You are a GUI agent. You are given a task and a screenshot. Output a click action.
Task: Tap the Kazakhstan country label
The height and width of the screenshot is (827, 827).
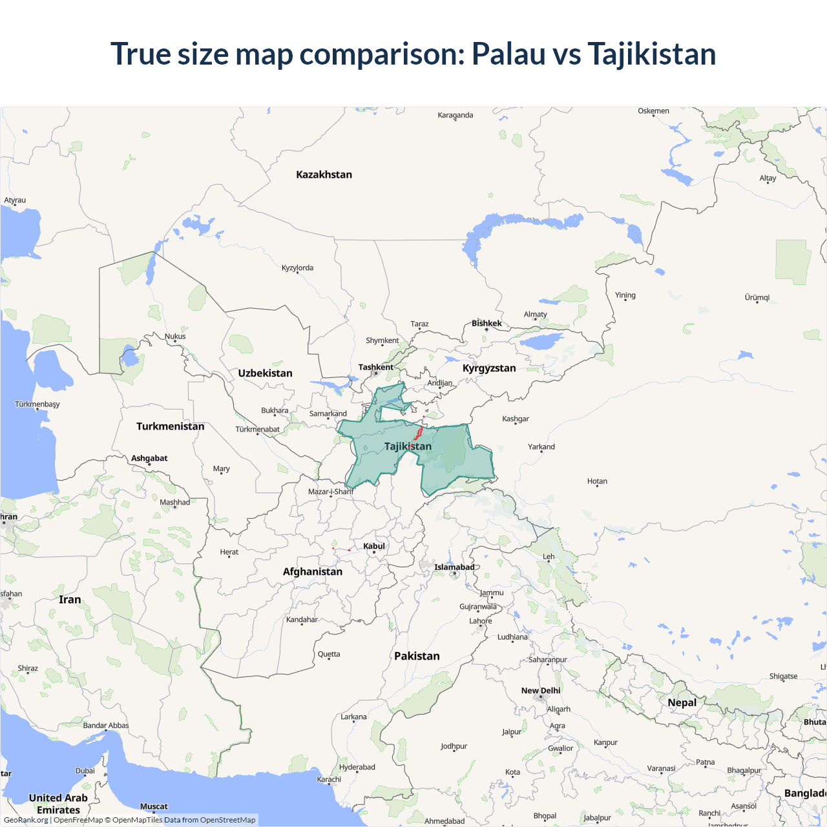click(324, 174)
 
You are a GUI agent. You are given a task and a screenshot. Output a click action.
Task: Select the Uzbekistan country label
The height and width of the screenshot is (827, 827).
click(265, 373)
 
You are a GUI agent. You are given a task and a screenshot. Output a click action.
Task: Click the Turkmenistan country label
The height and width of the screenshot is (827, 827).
click(170, 426)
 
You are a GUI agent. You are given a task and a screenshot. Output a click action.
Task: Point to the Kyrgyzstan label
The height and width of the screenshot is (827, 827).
click(489, 368)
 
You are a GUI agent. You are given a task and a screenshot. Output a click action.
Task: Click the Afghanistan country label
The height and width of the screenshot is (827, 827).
click(313, 572)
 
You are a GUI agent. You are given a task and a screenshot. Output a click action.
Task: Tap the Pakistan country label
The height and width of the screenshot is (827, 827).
click(417, 656)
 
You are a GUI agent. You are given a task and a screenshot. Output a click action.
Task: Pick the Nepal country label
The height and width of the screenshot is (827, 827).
click(682, 703)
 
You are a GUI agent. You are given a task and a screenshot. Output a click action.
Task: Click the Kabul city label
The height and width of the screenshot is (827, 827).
click(374, 547)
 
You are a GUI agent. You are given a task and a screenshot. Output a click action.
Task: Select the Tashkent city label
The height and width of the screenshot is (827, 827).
click(375, 368)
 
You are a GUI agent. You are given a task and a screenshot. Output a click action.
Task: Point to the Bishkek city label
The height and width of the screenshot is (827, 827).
click(487, 324)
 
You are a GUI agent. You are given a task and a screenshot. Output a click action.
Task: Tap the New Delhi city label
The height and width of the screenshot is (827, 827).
click(541, 691)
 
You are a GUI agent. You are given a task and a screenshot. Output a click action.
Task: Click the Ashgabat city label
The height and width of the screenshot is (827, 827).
click(149, 459)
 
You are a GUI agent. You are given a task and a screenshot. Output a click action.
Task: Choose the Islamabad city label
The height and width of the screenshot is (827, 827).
click(454, 567)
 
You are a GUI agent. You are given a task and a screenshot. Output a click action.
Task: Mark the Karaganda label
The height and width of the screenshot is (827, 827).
click(455, 116)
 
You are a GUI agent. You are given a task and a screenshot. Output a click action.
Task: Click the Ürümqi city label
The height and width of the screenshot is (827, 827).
click(757, 298)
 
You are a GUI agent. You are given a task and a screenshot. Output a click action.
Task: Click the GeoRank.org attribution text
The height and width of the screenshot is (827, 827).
click(26, 820)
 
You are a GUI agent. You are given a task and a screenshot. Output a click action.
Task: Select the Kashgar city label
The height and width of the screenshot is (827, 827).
click(516, 419)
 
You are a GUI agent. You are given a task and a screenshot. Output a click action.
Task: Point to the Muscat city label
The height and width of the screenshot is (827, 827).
click(154, 806)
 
